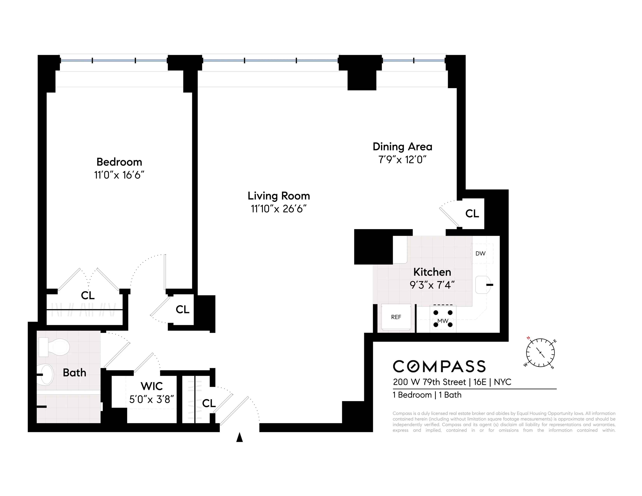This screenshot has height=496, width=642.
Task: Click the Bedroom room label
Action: click(119, 162)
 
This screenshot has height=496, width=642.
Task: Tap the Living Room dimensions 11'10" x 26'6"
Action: click(278, 209)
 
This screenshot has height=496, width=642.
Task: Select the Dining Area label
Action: click(402, 147)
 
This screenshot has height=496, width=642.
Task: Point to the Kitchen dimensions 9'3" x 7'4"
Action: click(432, 285)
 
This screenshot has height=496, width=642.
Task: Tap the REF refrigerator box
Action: click(396, 317)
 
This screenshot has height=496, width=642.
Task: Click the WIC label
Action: click(151, 386)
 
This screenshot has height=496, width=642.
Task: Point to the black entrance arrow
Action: click(239, 437)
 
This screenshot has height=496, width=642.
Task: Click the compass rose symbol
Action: click(540, 353)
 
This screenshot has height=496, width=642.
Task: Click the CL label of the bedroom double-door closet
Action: click(88, 295)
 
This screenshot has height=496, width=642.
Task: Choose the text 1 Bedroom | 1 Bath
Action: click(427, 395)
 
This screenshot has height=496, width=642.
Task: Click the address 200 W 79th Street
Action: click(430, 382)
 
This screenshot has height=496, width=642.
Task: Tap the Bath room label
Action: click(74, 373)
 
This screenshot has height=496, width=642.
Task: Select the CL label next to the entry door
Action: click(209, 403)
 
